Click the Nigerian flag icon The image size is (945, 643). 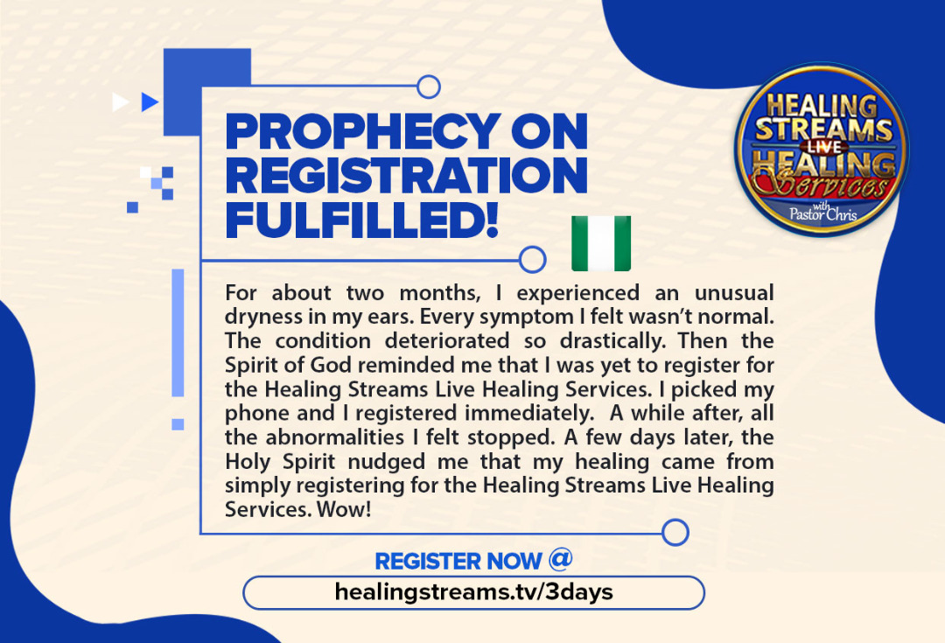[601, 243]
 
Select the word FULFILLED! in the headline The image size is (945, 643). [361, 220]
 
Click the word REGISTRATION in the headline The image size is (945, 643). [406, 175]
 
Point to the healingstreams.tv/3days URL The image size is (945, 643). [473, 591]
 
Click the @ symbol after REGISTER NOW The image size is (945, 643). [561, 559]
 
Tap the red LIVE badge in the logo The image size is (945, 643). [824, 147]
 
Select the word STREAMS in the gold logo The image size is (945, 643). [824, 129]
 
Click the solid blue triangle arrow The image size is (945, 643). [149, 101]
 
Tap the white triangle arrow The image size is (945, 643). [120, 101]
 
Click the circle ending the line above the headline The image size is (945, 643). [429, 87]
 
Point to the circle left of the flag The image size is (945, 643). [533, 260]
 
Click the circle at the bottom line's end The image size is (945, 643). [675, 533]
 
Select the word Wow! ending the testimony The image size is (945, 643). [344, 510]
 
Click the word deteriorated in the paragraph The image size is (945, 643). [447, 341]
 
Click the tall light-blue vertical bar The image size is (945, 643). [178, 332]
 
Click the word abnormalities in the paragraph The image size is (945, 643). [335, 437]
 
